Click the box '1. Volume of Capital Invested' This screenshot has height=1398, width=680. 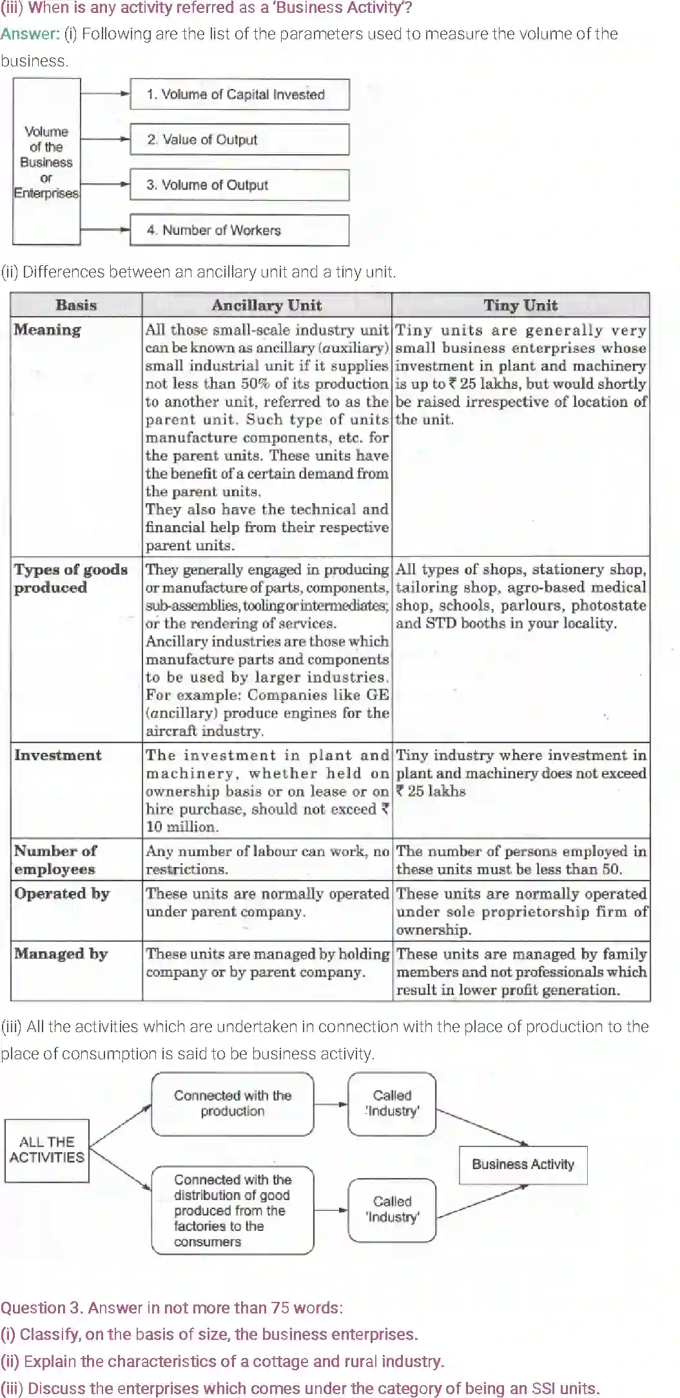pyautogui.click(x=239, y=94)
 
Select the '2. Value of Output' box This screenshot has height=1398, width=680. pyautogui.click(x=239, y=139)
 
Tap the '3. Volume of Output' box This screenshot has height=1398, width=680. pyautogui.click(x=239, y=185)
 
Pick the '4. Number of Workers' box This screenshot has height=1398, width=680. pyautogui.click(x=239, y=230)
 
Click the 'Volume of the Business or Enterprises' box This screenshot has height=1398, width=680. pyautogui.click(x=46, y=162)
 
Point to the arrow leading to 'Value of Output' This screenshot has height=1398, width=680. pyautogui.click(x=105, y=139)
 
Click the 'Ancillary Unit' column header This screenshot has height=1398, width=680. pyautogui.click(x=266, y=305)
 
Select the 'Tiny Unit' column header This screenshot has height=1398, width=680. pyautogui.click(x=520, y=305)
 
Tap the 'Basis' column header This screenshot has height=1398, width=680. pyautogui.click(x=76, y=305)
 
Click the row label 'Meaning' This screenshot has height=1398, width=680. pyautogui.click(x=48, y=330)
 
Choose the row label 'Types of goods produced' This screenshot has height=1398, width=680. pyautogui.click(x=70, y=578)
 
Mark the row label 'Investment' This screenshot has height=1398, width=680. pyautogui.click(x=58, y=755)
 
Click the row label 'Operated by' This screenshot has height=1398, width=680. pyautogui.click(x=62, y=894)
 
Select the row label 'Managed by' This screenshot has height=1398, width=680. pyautogui.click(x=61, y=954)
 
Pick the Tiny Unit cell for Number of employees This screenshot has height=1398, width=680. pyautogui.click(x=520, y=860)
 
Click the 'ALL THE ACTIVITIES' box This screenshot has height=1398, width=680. pyautogui.click(x=46, y=1150)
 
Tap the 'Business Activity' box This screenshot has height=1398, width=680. pyautogui.click(x=523, y=1164)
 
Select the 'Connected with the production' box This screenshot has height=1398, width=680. pyautogui.click(x=232, y=1103)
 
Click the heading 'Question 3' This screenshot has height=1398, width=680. pyautogui.click(x=42, y=1308)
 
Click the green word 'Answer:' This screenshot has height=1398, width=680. pyautogui.click(x=30, y=34)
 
